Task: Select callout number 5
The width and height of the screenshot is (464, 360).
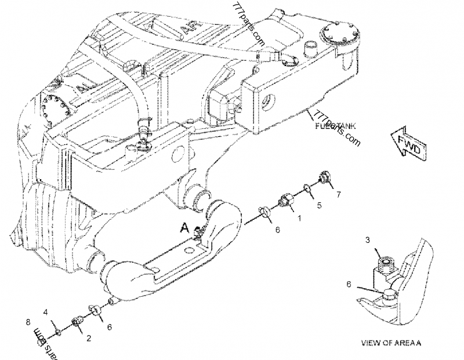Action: click(x=318, y=205)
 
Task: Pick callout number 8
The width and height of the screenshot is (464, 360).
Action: click(x=28, y=322)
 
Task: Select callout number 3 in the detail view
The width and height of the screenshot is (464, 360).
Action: click(x=367, y=239)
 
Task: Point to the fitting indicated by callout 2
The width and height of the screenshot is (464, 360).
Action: click(x=76, y=322)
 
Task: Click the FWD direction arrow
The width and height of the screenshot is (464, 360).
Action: click(x=409, y=143)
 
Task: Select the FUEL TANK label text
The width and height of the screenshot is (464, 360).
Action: click(x=335, y=126)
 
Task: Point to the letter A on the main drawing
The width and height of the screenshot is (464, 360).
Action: click(x=184, y=228)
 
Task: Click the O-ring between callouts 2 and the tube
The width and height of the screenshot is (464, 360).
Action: click(x=92, y=311)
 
